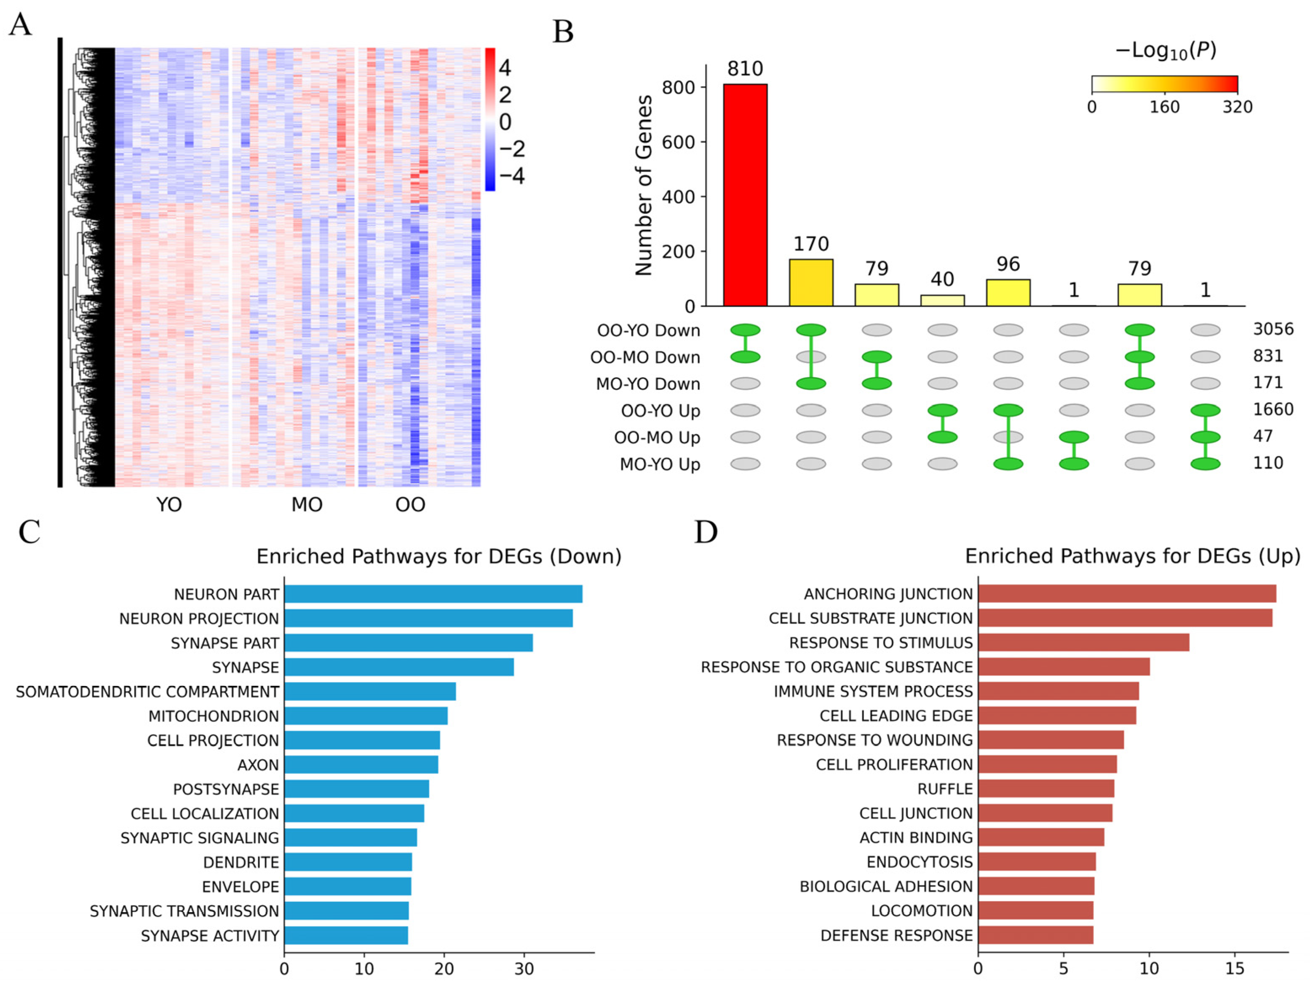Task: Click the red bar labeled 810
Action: click(x=745, y=195)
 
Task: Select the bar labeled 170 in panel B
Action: click(x=811, y=283)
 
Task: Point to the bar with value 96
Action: click(x=1008, y=292)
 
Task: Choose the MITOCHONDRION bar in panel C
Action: click(x=366, y=716)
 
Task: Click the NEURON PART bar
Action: click(x=433, y=594)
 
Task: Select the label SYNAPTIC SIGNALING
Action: click(x=200, y=838)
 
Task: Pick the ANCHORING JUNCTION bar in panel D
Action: click(x=1127, y=594)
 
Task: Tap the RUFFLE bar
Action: click(x=1046, y=789)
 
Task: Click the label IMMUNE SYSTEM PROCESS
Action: click(x=873, y=692)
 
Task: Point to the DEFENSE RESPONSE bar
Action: click(x=1036, y=935)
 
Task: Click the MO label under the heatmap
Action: click(x=307, y=505)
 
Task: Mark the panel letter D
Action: click(x=706, y=532)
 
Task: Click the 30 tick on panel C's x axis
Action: click(x=524, y=969)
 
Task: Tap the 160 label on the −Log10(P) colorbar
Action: click(x=1164, y=107)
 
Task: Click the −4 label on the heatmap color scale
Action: click(x=512, y=176)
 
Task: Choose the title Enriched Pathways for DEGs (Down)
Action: click(x=439, y=556)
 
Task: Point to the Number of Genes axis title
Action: click(x=644, y=185)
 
